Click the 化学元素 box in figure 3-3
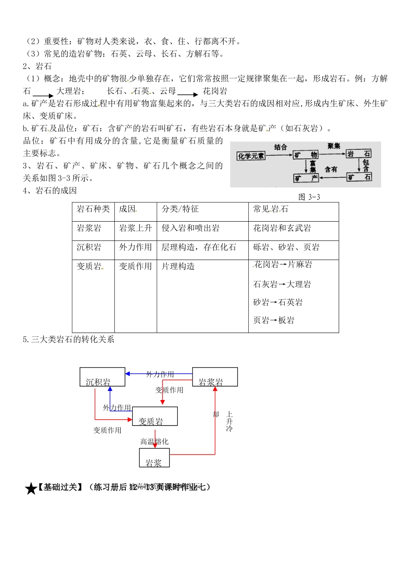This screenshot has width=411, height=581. point(250,156)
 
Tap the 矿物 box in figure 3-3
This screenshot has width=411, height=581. point(305,155)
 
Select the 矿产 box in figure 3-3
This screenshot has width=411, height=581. point(306,178)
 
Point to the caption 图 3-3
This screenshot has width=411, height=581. point(309,197)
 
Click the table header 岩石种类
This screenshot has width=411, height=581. point(93,209)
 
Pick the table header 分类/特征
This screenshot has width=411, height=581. point(180,209)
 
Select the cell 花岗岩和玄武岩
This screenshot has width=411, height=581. point(282,228)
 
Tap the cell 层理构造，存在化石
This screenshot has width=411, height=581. point(199,247)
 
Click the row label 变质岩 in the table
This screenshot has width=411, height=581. point(89,266)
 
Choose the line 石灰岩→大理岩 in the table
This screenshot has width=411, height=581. point(282,284)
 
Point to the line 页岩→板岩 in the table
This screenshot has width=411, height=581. point(273,320)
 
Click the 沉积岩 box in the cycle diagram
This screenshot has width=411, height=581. point(103,377)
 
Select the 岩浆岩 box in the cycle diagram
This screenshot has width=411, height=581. point(215,377)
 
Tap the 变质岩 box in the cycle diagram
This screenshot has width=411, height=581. point(155,416)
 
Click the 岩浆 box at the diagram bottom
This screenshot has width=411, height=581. point(154,458)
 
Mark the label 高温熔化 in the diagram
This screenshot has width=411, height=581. point(154,442)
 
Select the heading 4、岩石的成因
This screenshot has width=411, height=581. point(50,190)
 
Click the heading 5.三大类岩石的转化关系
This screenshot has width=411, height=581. point(68,339)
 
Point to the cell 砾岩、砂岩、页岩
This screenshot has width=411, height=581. point(286,247)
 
